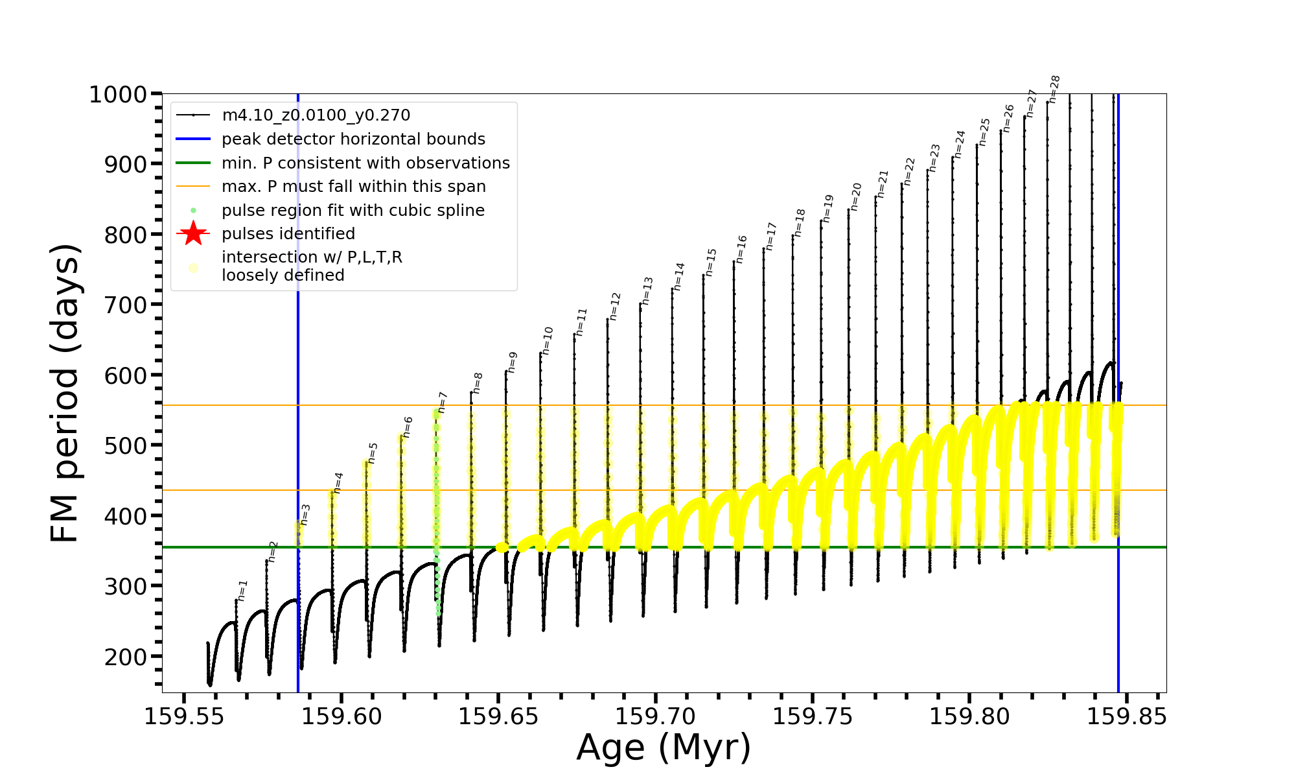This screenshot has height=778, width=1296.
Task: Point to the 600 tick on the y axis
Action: tap(127, 375)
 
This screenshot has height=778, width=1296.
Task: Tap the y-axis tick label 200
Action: tap(127, 657)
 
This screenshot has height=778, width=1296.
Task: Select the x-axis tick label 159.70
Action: tap(655, 716)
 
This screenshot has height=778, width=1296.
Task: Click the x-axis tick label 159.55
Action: tap(184, 716)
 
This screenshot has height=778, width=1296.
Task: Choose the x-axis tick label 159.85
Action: tap(1126, 716)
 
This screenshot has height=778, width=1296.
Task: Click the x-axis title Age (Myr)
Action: tap(664, 748)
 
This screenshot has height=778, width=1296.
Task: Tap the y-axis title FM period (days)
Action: tap(65, 393)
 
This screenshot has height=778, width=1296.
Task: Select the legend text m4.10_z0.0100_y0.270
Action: tap(316, 115)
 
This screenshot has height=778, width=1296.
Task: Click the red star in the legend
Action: tap(193, 233)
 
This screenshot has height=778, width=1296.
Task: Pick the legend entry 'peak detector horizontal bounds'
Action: tap(353, 139)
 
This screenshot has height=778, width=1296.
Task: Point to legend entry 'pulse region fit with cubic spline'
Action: tap(353, 211)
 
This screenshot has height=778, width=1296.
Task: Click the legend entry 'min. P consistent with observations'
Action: tap(365, 163)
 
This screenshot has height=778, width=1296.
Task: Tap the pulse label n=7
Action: tap(443, 402)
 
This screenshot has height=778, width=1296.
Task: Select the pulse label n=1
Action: tap(242, 590)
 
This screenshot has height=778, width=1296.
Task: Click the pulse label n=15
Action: tap(711, 262)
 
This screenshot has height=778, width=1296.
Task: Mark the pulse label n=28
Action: tap(1054, 89)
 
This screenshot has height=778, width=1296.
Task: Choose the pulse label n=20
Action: tap(856, 196)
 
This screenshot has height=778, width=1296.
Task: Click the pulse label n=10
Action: tap(548, 340)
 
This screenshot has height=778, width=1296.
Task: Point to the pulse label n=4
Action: tap(338, 483)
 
